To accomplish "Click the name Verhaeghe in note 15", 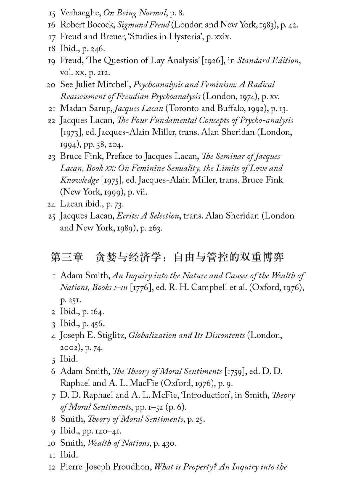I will tap(80, 13).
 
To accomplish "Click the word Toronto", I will tap(182, 109).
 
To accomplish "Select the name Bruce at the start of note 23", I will tap(71, 156).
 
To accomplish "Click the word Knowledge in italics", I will tap(80, 180).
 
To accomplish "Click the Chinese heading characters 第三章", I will tap(67, 257).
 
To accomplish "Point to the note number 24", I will tap(51, 204).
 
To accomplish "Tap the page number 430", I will tap(168, 443).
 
